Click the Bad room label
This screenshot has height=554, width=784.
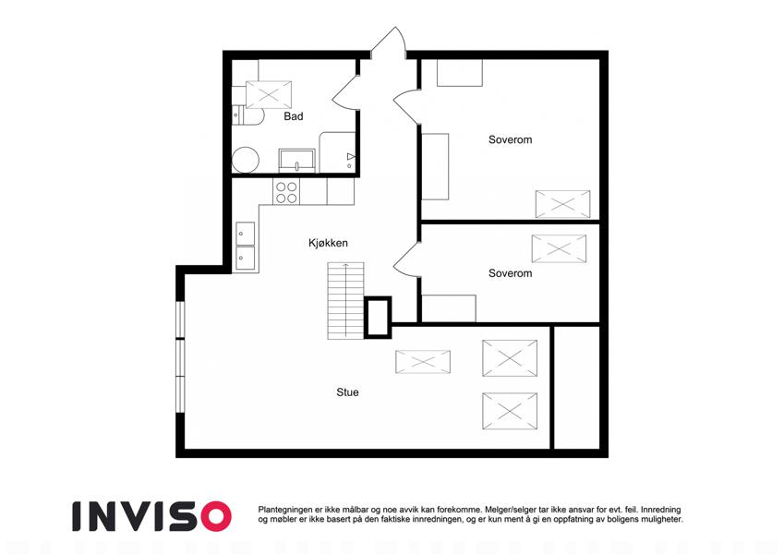point(294,116)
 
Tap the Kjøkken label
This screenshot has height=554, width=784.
point(328,243)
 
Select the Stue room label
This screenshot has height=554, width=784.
point(347,392)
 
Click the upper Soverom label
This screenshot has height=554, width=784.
point(510,140)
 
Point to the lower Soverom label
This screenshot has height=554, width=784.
point(510,273)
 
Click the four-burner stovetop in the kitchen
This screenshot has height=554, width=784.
point(286,192)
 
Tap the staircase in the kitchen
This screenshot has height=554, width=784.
point(345,300)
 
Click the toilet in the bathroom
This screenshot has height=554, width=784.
point(248,115)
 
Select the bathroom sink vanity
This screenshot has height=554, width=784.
point(297,161)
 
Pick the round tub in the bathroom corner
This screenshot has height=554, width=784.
point(245,160)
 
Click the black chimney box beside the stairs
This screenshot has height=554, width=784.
point(378,317)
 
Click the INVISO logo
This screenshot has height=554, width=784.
point(152,516)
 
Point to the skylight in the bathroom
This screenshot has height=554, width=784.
point(269,94)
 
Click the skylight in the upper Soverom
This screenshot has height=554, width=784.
point(562,204)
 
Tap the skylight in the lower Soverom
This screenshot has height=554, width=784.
point(559,248)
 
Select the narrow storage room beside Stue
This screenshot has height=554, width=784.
point(577,388)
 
